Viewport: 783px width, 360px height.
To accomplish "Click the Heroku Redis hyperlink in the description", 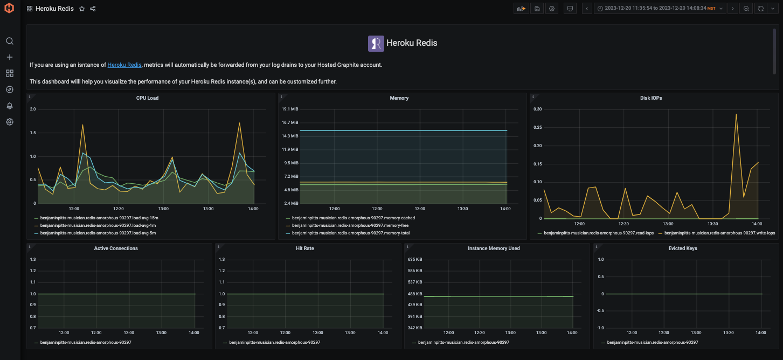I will [x=124, y=65].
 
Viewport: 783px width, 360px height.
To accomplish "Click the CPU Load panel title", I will [x=147, y=98].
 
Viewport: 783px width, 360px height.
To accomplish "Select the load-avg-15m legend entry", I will [x=99, y=218].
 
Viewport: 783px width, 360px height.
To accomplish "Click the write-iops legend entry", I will [x=719, y=233].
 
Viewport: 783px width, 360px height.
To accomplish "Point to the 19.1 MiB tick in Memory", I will [x=290, y=109].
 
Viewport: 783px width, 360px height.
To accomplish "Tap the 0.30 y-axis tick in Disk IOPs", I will [x=537, y=109].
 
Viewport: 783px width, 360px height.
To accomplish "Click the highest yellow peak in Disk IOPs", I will [x=736, y=114].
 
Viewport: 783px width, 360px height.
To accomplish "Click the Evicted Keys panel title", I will [x=683, y=248].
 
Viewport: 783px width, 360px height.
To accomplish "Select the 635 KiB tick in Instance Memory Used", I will [x=415, y=259].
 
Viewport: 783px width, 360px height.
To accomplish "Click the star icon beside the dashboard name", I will [x=82, y=9].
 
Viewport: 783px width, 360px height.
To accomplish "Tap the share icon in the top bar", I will [x=93, y=9].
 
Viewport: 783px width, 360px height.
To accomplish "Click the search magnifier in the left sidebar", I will [x=9, y=41].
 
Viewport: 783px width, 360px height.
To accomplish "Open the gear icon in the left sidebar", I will [x=9, y=122].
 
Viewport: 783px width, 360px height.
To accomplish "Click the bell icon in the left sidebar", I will [x=9, y=106].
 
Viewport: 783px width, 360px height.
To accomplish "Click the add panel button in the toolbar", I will [x=521, y=9].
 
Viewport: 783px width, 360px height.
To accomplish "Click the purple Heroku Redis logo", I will [x=376, y=43].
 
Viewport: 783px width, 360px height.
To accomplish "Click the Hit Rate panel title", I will [x=305, y=248].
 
